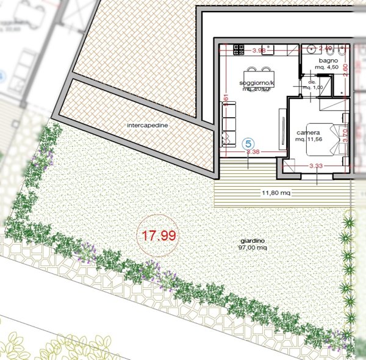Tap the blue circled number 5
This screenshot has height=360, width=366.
tap(248, 143)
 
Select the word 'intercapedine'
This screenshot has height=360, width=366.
tap(147, 126)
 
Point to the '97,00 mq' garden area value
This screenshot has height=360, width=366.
tap(254, 248)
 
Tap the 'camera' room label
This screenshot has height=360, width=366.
tap(309, 132)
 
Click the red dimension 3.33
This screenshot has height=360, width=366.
tap(316, 165)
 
